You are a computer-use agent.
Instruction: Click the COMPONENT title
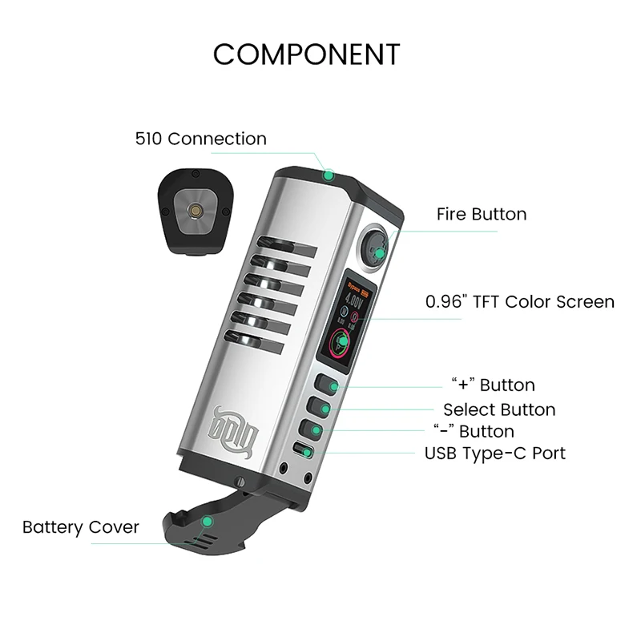point(306,54)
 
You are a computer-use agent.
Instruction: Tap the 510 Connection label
point(200,139)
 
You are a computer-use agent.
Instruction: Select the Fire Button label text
point(482,214)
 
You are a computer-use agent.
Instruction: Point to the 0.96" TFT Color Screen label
point(520,302)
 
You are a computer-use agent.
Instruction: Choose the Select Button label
point(498,409)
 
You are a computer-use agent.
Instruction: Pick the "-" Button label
point(474,432)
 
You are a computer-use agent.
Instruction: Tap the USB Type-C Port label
point(494,454)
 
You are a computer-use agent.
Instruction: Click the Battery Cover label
point(80,527)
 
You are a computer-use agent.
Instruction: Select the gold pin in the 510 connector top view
point(194,210)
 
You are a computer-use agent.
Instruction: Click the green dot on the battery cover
point(208,521)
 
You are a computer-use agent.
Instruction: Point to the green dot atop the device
point(328,175)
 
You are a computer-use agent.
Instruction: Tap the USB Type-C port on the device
point(302,450)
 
